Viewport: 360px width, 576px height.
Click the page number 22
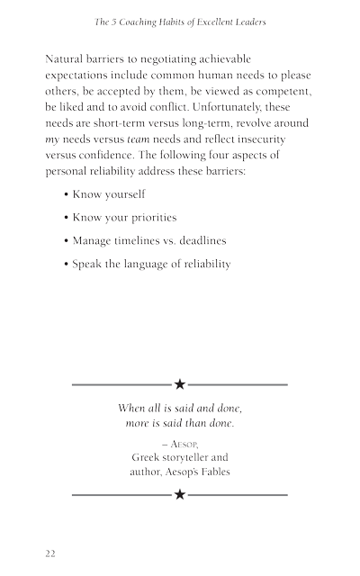click(x=50, y=553)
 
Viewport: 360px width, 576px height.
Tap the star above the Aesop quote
click(x=180, y=384)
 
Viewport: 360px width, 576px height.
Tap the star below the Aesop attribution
click(x=180, y=494)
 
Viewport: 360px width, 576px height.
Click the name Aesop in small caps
click(x=185, y=444)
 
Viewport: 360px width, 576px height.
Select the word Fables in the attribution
click(x=212, y=471)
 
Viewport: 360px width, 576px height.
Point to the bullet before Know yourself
click(x=67, y=194)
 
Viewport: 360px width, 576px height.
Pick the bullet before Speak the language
click(x=67, y=265)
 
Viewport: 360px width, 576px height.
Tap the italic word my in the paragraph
click(x=52, y=139)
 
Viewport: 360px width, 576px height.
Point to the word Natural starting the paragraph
click(x=67, y=58)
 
